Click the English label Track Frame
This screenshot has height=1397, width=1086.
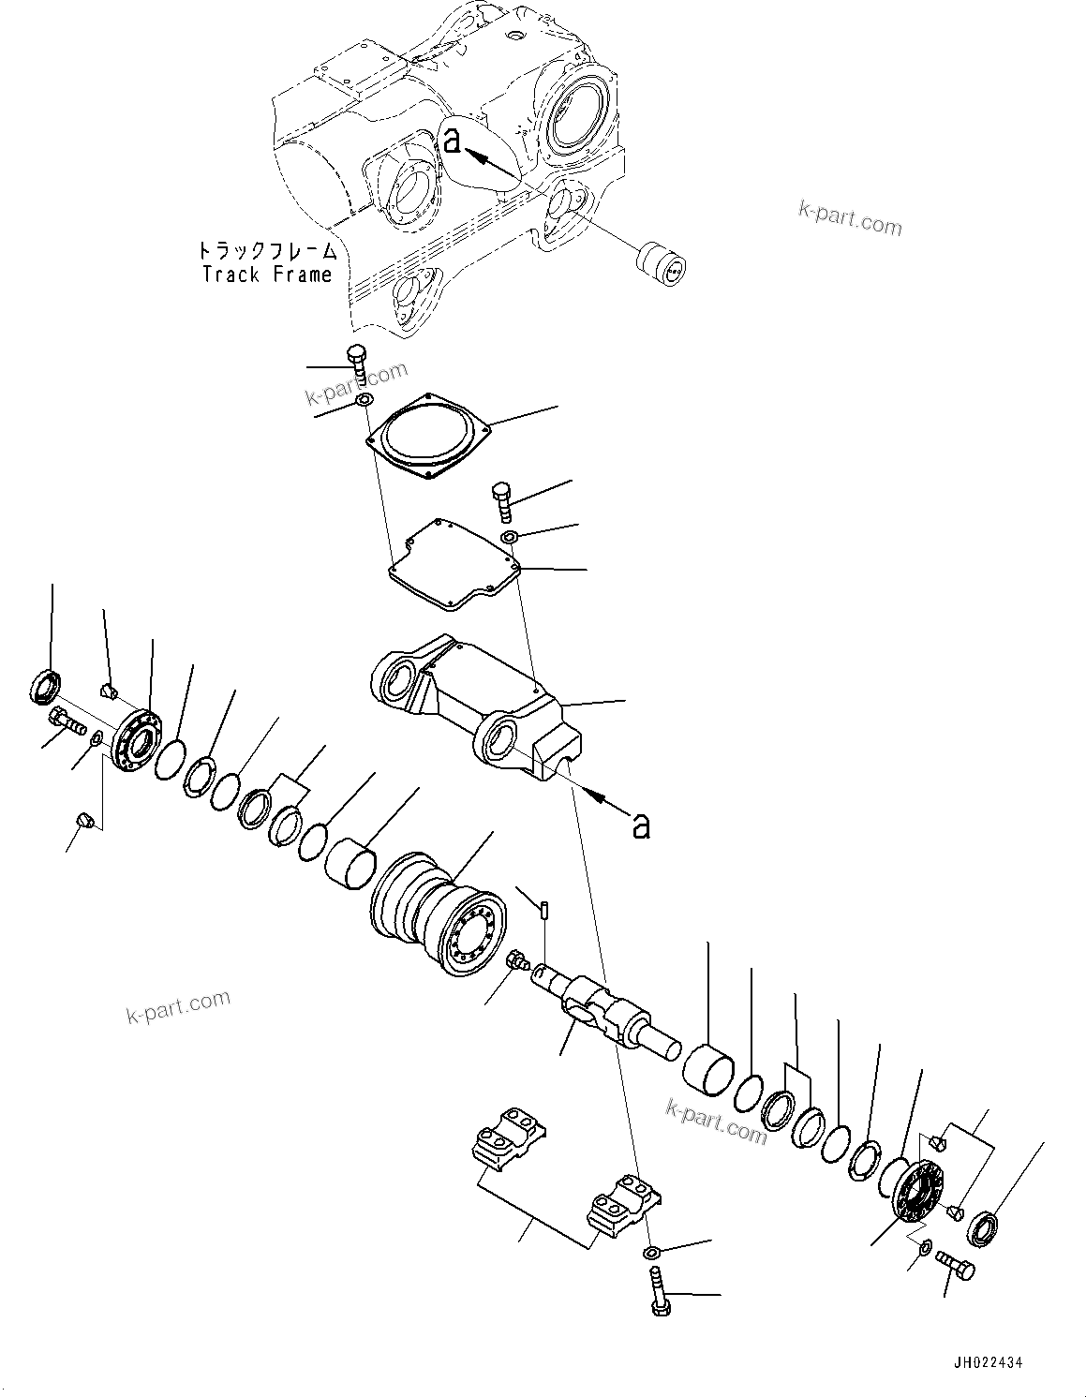[267, 275]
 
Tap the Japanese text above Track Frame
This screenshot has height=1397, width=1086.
[267, 251]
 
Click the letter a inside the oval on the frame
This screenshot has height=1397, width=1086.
[453, 141]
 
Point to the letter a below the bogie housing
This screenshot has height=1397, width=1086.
[641, 825]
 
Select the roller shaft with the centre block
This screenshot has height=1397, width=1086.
[604, 1017]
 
